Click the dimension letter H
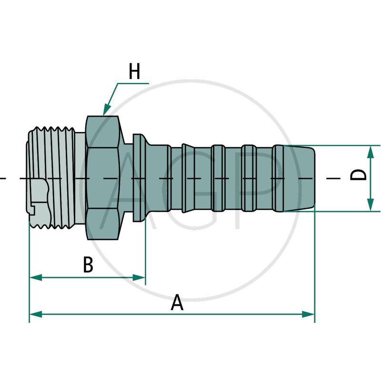pyautogui.click(x=135, y=72)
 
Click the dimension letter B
pyautogui.click(x=88, y=265)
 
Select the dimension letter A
pyautogui.click(x=177, y=303)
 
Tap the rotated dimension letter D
pyautogui.click(x=359, y=175)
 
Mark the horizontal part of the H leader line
pyautogui.click(x=133, y=83)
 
